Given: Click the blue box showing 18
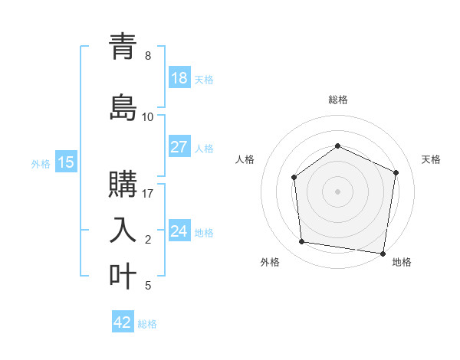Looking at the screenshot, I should tap(179, 78).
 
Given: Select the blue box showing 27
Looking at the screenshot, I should tap(179, 147).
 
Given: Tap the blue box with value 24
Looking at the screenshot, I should tap(179, 231).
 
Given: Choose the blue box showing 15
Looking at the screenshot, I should tap(66, 162).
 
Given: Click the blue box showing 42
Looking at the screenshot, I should tap(123, 322).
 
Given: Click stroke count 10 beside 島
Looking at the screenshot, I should tap(148, 117).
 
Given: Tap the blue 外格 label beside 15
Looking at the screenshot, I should tap(41, 163).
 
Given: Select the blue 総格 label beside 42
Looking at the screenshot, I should tap(148, 324).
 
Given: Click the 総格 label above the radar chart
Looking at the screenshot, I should tap(338, 100).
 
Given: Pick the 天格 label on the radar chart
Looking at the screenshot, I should tap(432, 159).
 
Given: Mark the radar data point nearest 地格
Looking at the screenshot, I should tap(383, 253).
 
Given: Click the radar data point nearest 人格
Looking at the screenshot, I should tap(294, 178).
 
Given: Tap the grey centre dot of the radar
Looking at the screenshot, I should tap(337, 191).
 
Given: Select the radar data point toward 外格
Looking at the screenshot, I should tap(302, 242).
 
